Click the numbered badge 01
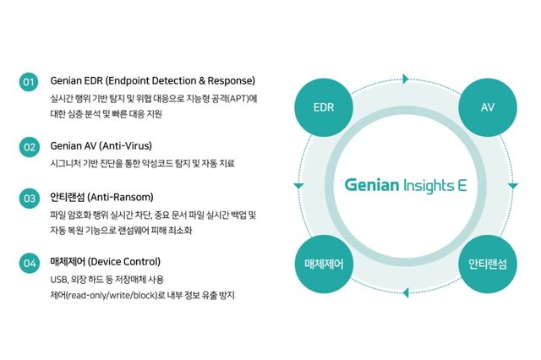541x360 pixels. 29,82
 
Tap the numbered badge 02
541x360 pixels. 29,146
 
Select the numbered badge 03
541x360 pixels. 29,199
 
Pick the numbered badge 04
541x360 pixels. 29,263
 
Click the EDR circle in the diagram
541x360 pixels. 324,108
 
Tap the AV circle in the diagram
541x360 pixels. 487,108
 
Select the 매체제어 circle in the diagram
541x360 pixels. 324,264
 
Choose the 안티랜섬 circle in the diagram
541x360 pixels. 487,264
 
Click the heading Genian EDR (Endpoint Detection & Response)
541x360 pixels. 153,81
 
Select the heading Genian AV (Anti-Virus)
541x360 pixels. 101,145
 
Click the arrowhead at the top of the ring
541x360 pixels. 407,79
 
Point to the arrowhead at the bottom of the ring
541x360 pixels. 407,292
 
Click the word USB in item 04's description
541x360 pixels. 59,279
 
